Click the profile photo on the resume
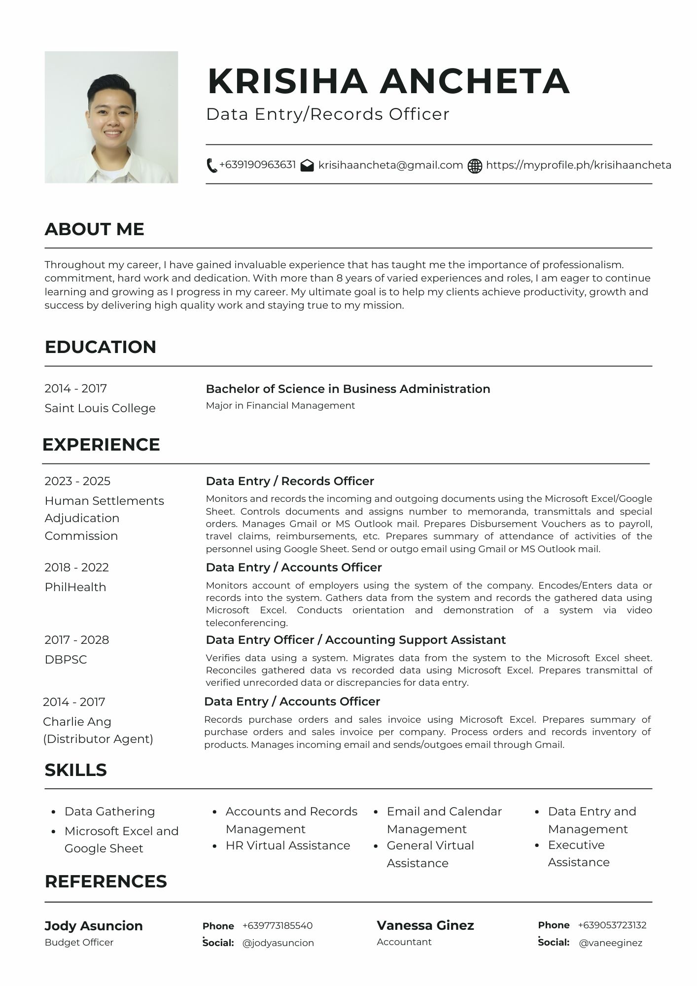click(x=111, y=117)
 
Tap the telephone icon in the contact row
click(x=211, y=166)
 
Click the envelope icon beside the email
click(x=307, y=166)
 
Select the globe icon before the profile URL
click(x=475, y=166)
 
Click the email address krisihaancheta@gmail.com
click(x=390, y=165)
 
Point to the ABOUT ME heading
click(x=94, y=229)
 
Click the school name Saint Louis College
click(x=100, y=408)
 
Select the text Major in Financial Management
click(x=280, y=406)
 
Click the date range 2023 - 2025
click(x=77, y=481)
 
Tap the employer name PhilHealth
click(x=75, y=587)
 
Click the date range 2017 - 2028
click(x=76, y=640)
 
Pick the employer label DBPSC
click(x=66, y=660)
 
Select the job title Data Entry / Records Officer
click(x=290, y=481)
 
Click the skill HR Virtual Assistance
click(x=288, y=845)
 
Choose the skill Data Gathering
click(x=109, y=811)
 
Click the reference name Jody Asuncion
click(x=94, y=926)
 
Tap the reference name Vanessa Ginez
click(x=425, y=925)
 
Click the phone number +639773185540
click(x=278, y=926)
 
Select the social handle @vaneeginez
click(x=610, y=943)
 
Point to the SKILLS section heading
click(x=75, y=770)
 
